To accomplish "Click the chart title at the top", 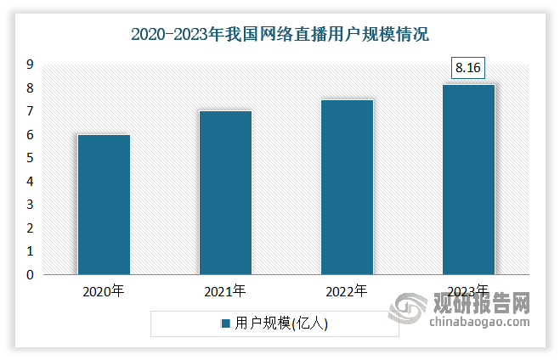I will pyautogui.click(x=280, y=35).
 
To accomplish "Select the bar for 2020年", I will pyautogui.click(x=104, y=205).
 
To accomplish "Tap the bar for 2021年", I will pyautogui.click(x=225, y=193).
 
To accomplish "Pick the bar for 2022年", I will pyautogui.click(x=346, y=187).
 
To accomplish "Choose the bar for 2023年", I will pyautogui.click(x=467, y=179).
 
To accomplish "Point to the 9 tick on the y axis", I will pyautogui.click(x=29, y=65).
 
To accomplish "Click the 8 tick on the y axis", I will pyautogui.click(x=29, y=88).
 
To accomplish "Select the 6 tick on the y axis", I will pyautogui.click(x=29, y=135).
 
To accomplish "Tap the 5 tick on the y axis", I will pyautogui.click(x=29, y=158).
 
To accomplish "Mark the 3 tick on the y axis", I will pyautogui.click(x=29, y=205).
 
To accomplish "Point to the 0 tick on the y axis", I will pyautogui.click(x=29, y=275).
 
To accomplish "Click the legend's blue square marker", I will pyautogui.click(x=226, y=323).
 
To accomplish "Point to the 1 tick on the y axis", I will pyautogui.click(x=29, y=251).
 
